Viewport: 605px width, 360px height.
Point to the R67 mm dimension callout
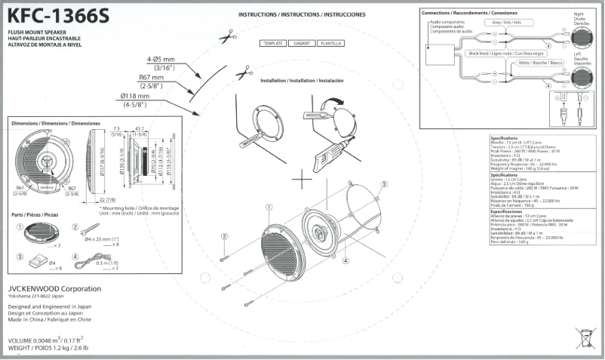tap(152, 77)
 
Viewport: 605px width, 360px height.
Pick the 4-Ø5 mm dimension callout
tap(161, 58)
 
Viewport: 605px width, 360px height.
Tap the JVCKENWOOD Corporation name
tap(54, 288)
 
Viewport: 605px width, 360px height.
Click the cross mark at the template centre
tap(302, 180)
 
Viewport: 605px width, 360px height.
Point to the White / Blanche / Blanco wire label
tap(540, 63)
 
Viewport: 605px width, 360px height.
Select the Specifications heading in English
tap(503, 138)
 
